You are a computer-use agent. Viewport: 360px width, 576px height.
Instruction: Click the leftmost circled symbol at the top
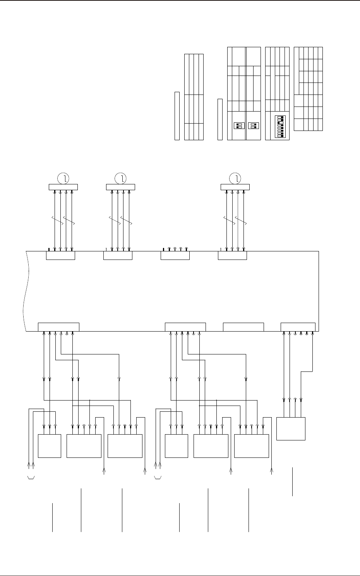click(63, 178)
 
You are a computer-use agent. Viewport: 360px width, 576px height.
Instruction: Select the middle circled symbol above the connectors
click(121, 178)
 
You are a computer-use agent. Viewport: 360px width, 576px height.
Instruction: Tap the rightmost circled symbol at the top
click(235, 178)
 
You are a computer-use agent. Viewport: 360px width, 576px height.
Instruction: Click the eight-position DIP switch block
click(279, 127)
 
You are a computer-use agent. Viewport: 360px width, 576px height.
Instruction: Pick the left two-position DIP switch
click(239, 126)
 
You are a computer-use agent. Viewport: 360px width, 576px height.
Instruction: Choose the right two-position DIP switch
click(254, 126)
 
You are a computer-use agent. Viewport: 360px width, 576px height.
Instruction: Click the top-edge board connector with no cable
click(175, 256)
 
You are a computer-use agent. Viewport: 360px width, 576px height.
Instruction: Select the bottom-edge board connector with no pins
click(243, 327)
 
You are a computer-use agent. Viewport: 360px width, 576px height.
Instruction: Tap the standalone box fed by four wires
click(291, 428)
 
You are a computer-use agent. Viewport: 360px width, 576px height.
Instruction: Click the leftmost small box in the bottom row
click(50, 446)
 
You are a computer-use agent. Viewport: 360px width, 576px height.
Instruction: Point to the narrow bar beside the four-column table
click(177, 115)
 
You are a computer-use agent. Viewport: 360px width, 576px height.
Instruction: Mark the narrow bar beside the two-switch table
click(220, 119)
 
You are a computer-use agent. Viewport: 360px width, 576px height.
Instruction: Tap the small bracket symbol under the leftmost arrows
click(31, 477)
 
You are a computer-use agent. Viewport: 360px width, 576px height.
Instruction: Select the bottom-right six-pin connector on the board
click(298, 327)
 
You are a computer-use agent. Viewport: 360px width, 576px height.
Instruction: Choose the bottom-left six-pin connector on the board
click(58, 327)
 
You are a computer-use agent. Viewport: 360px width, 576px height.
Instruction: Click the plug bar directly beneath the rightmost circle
click(235, 187)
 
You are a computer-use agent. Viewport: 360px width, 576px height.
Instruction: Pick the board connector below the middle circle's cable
click(118, 256)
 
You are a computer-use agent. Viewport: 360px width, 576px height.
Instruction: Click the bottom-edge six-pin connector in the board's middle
click(185, 327)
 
